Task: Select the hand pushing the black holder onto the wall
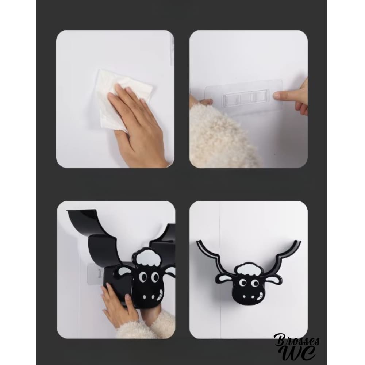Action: click(x=116, y=303)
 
